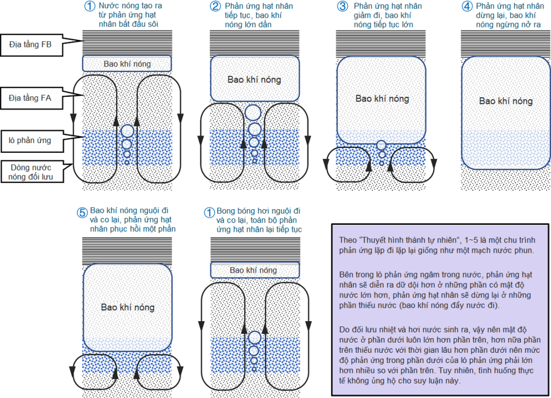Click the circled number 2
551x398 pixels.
(x=215, y=6)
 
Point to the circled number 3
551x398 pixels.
(x=342, y=6)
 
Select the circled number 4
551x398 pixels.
(x=467, y=6)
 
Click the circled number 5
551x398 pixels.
(x=82, y=212)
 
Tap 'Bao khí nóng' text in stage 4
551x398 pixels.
(x=505, y=101)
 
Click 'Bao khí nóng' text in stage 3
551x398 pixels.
(x=382, y=99)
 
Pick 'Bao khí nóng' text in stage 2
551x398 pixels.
(x=254, y=80)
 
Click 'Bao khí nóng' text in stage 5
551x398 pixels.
(x=128, y=308)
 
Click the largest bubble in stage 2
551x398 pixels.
(x=253, y=112)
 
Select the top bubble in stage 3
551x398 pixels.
(x=382, y=145)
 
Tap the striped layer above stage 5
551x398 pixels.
(x=128, y=250)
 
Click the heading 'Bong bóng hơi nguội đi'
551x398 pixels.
(x=258, y=211)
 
